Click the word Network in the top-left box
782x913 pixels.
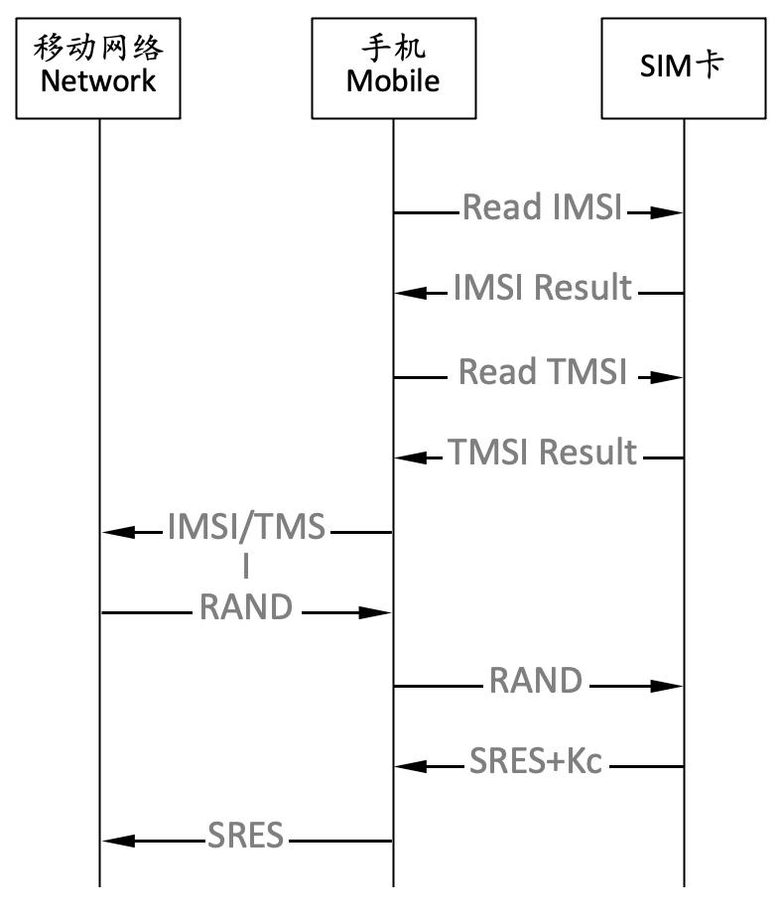(98, 80)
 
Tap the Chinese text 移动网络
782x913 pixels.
(98, 48)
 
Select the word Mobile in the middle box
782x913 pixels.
(393, 80)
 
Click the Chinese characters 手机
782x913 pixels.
(393, 48)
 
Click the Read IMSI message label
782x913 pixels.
(542, 207)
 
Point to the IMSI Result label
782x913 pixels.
(542, 288)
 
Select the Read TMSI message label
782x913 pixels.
(542, 372)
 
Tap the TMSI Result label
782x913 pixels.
(542, 453)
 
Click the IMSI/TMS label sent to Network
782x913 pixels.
(246, 527)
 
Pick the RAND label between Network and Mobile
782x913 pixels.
(246, 606)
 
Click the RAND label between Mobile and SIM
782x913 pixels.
(536, 681)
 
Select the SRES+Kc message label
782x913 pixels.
(536, 761)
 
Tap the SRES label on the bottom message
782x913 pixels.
(246, 836)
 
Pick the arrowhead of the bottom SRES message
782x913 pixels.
(118, 842)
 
